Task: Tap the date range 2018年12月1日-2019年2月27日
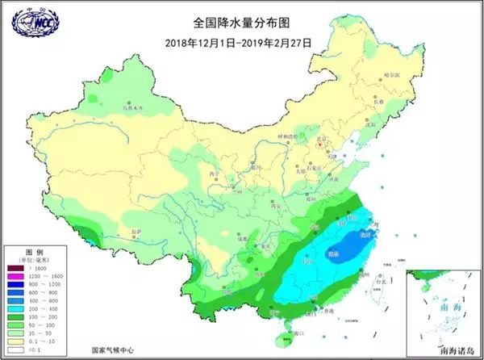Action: (241, 42)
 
